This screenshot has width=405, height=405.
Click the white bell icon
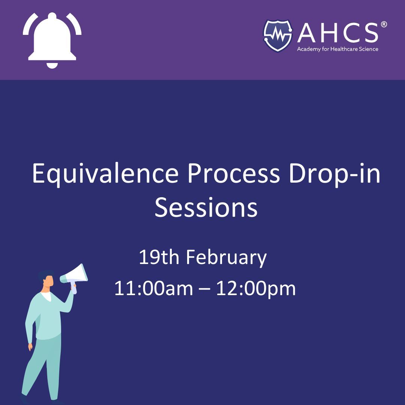[x=52, y=39]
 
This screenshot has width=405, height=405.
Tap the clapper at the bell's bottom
[x=52, y=65]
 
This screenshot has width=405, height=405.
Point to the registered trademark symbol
[x=383, y=25]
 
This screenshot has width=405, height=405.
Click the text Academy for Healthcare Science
[x=337, y=49]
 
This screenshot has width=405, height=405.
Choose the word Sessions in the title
[x=206, y=208]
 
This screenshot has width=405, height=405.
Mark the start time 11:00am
[x=153, y=289]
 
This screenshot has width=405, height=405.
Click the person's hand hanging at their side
[x=30, y=347]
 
